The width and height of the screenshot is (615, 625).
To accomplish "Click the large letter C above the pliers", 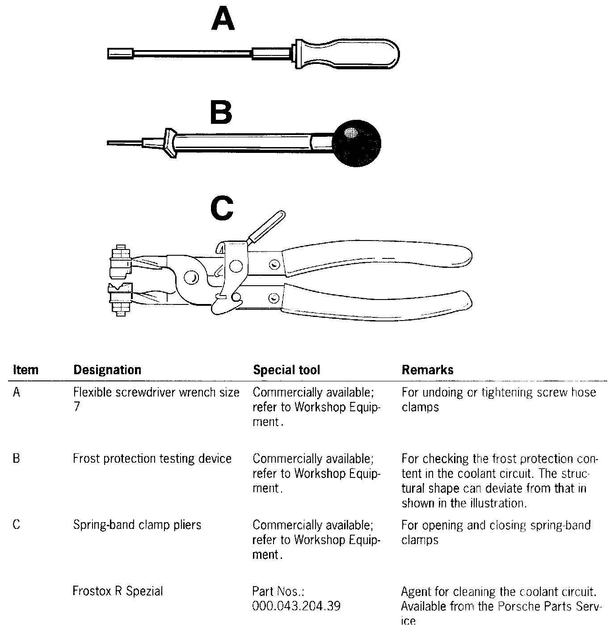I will coord(222,209).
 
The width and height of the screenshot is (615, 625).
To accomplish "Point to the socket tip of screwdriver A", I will coord(120,54).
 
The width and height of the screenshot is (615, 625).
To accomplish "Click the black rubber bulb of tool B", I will coord(356,143).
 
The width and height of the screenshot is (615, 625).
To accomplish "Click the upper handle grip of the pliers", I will coord(380,259).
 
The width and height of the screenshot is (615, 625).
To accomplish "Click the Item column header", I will coord(25,370).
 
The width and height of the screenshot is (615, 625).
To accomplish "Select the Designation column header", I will coord(107,370).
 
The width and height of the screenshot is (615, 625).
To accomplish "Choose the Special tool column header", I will coord(286,370).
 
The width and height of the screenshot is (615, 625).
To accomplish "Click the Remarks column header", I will coord(427,370).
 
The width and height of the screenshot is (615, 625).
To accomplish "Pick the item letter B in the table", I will coord(17,459).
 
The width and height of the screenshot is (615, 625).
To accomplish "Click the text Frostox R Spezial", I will coord(118,591).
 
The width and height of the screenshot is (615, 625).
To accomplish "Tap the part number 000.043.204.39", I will coord(296,606).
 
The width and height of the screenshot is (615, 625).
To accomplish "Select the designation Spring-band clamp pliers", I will coord(137,524).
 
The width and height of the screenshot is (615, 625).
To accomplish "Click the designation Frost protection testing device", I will coord(152,459).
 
